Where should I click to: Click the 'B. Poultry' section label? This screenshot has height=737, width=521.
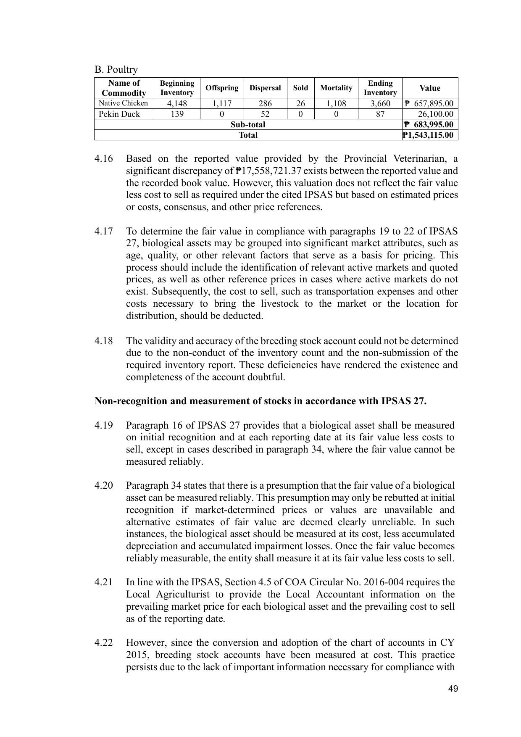tap(116, 69)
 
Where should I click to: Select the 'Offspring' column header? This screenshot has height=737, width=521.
tap(222, 88)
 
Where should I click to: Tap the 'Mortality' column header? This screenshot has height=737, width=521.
tap(336, 88)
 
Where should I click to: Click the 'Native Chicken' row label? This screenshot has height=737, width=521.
tap(123, 103)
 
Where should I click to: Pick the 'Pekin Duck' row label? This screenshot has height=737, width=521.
tap(119, 114)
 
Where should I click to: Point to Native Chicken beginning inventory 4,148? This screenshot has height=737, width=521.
tap(177, 103)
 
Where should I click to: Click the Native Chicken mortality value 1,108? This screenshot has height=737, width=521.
tap(336, 103)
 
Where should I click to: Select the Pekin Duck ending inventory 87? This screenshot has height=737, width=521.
tap(380, 114)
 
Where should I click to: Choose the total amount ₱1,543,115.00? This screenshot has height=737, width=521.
tap(429, 135)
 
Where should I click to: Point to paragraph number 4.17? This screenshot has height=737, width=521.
tap(104, 232)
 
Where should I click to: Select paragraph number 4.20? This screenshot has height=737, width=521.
tap(104, 486)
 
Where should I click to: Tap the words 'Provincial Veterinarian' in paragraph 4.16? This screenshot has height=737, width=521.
tap(392, 159)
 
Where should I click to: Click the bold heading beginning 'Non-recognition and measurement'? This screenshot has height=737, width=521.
tap(260, 401)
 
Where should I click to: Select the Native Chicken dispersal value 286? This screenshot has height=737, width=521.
tap(265, 103)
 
